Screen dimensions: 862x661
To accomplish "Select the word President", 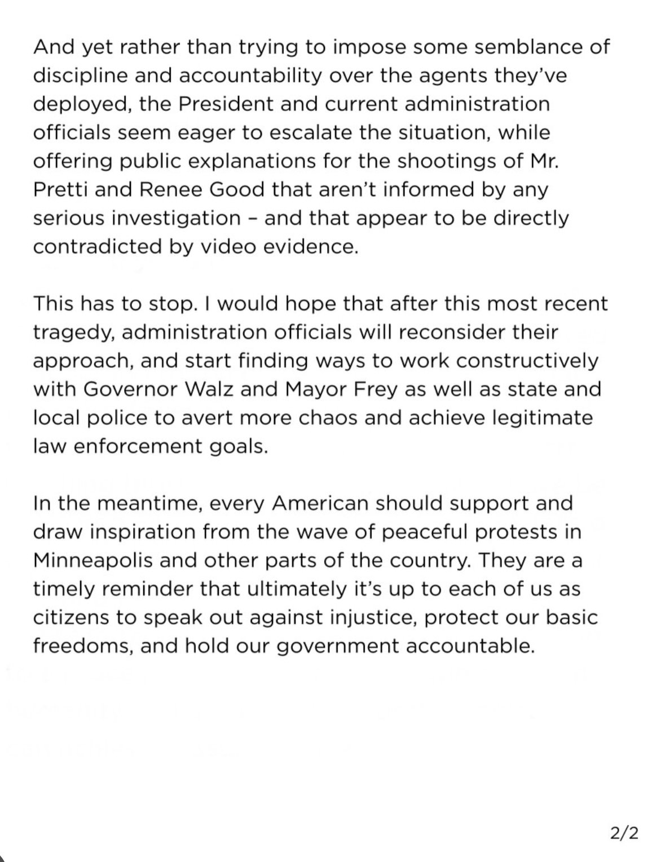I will (226, 104).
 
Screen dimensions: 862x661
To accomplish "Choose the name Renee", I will (160, 189).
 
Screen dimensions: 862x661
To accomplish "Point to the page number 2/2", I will (625, 834).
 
